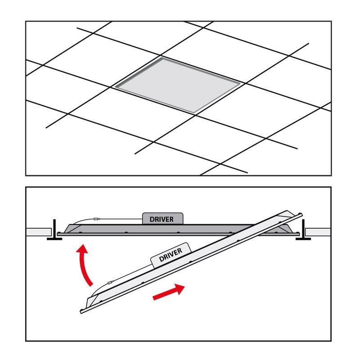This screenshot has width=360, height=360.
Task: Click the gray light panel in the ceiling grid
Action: [177, 85]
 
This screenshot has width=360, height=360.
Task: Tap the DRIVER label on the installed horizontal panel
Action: [162, 220]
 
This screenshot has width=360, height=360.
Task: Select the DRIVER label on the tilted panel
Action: [171, 255]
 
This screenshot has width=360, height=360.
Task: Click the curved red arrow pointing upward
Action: [84, 264]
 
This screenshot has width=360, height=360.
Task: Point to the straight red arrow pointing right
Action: [169, 292]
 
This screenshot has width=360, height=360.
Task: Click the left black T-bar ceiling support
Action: [54, 230]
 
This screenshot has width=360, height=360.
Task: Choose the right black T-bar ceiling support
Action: [303, 230]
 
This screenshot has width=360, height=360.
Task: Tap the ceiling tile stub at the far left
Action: [39, 232]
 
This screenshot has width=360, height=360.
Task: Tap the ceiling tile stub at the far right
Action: [318, 232]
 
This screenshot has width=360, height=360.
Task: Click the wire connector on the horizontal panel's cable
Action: [97, 219]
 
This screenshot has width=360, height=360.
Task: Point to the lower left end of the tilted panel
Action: [81, 312]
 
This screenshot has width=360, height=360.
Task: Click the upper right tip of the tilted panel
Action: [301, 214]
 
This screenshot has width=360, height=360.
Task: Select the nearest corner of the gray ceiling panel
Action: [194, 113]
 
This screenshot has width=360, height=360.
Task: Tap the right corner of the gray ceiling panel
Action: [240, 83]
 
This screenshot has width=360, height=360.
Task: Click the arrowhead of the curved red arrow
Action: [82, 249]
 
